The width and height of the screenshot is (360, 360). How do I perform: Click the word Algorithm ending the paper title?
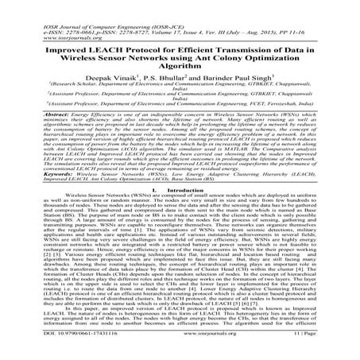coord(179,54)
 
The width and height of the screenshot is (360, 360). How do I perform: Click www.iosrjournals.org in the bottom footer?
coord(180,351)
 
